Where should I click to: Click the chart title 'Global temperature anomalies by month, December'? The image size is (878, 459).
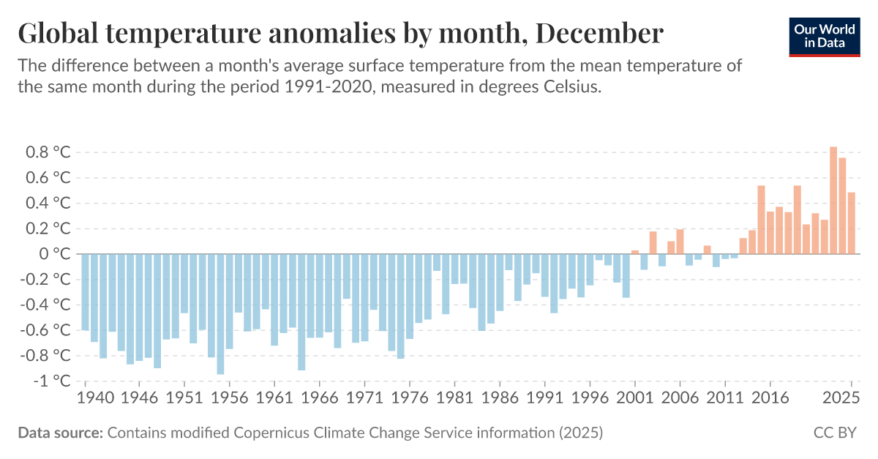coord(340,33)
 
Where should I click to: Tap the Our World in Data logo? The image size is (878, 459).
coord(825,35)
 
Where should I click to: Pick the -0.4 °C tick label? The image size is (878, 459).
coord(45,305)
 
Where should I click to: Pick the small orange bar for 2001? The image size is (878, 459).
coord(635,252)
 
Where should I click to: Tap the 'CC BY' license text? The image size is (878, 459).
coord(835,433)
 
